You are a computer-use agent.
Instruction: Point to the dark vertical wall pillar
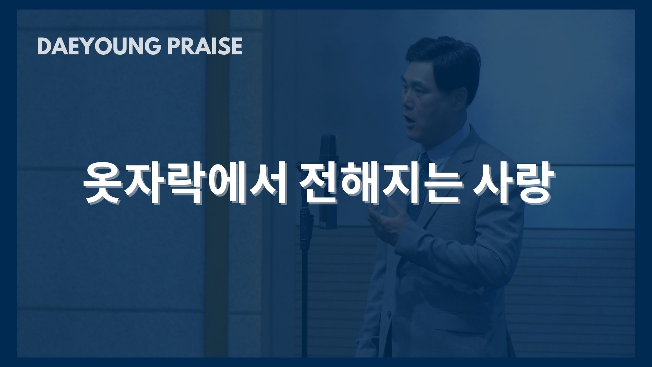[x=218, y=183]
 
